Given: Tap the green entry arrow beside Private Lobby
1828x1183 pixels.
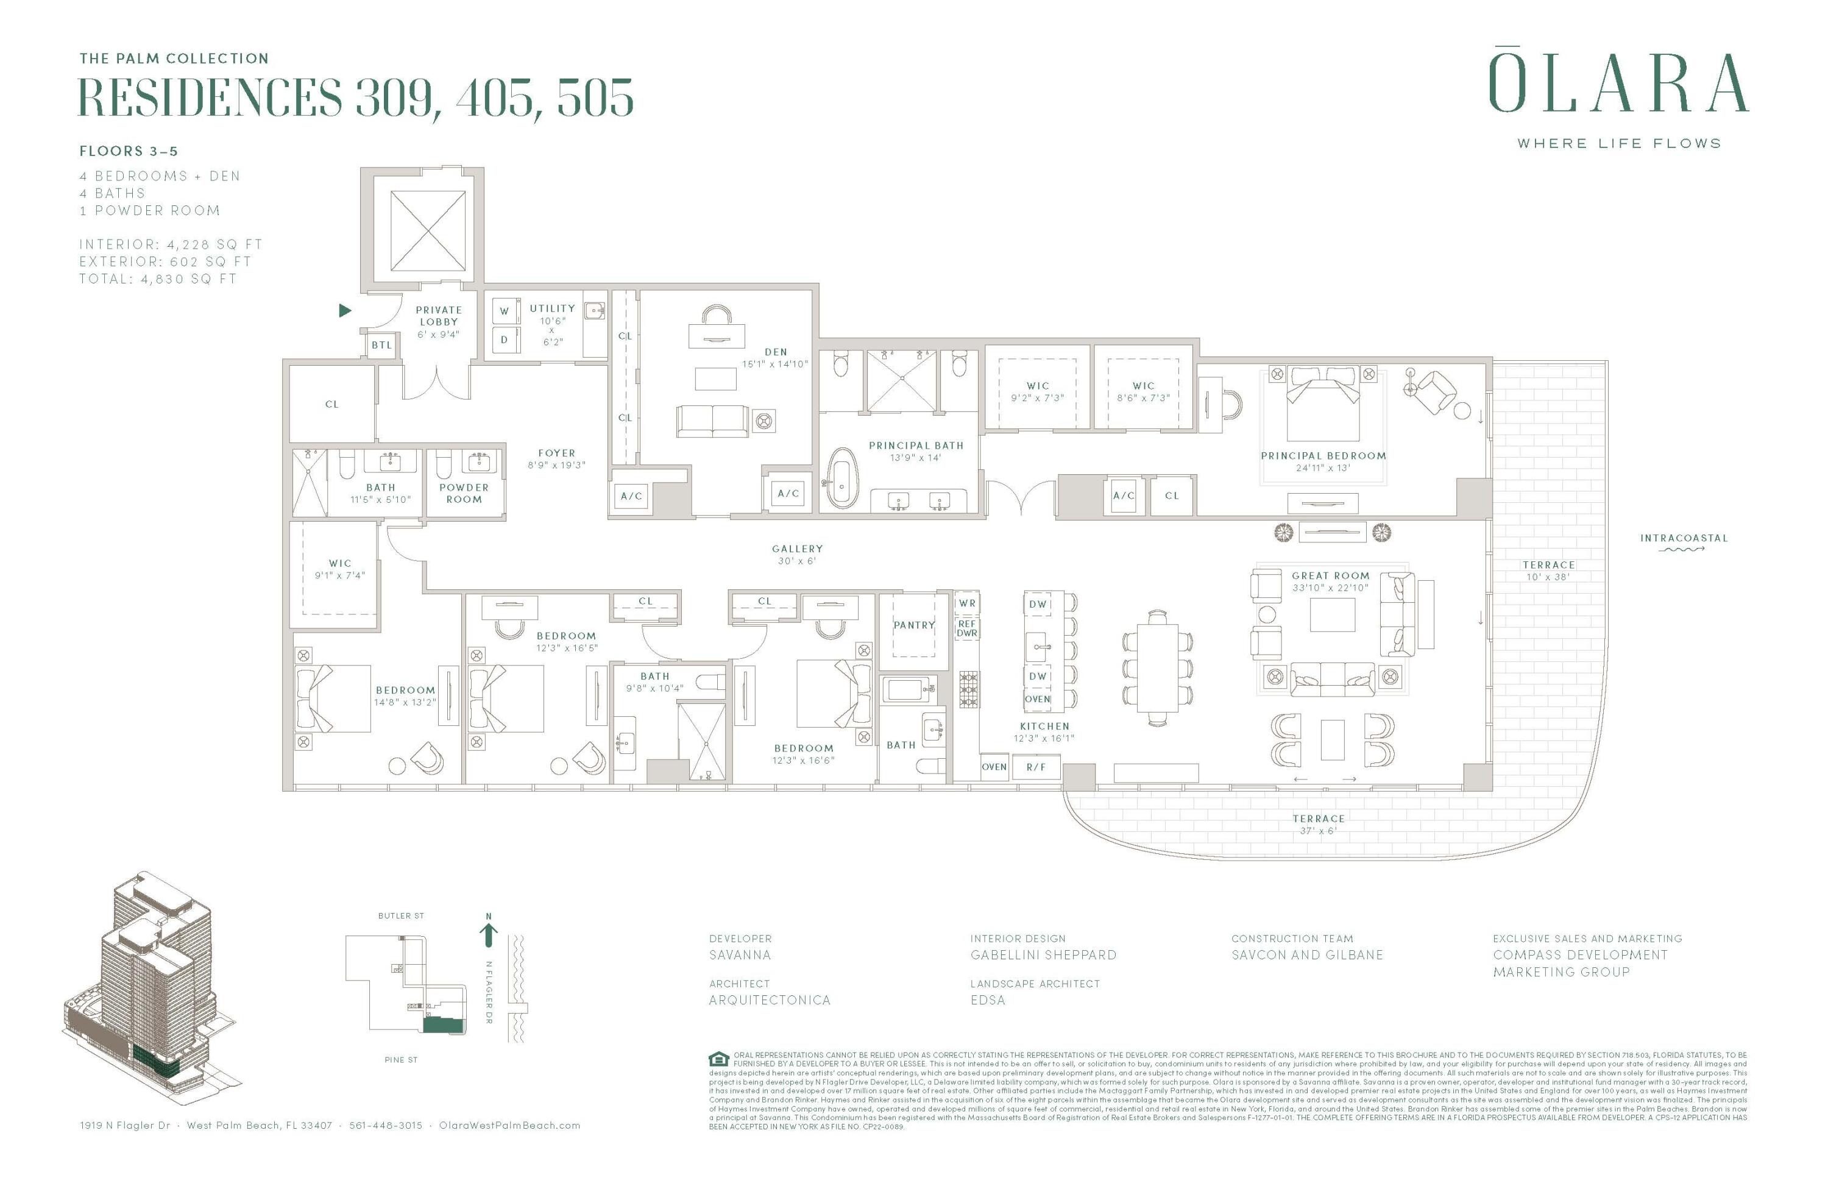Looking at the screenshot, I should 345,310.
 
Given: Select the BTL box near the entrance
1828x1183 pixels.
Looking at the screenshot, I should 381,345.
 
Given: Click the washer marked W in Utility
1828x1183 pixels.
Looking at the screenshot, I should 505,311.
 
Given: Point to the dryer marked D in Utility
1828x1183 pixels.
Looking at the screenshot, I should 505,339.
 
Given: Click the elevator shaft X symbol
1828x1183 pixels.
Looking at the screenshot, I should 428,231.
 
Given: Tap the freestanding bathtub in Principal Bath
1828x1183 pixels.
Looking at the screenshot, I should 842,479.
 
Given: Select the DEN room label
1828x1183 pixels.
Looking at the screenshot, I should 776,352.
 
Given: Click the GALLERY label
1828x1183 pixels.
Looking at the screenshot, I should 797,549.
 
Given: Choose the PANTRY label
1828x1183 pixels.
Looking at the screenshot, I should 914,625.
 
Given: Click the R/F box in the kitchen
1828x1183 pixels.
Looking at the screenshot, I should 1035,767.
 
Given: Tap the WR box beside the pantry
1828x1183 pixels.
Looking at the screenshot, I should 967,603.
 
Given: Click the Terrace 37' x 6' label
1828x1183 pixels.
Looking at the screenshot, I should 1318,823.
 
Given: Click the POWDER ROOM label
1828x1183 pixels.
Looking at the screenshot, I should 464,493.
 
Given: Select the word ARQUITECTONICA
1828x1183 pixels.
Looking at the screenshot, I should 770,1000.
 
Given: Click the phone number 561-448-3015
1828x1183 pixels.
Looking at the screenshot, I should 386,1125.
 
